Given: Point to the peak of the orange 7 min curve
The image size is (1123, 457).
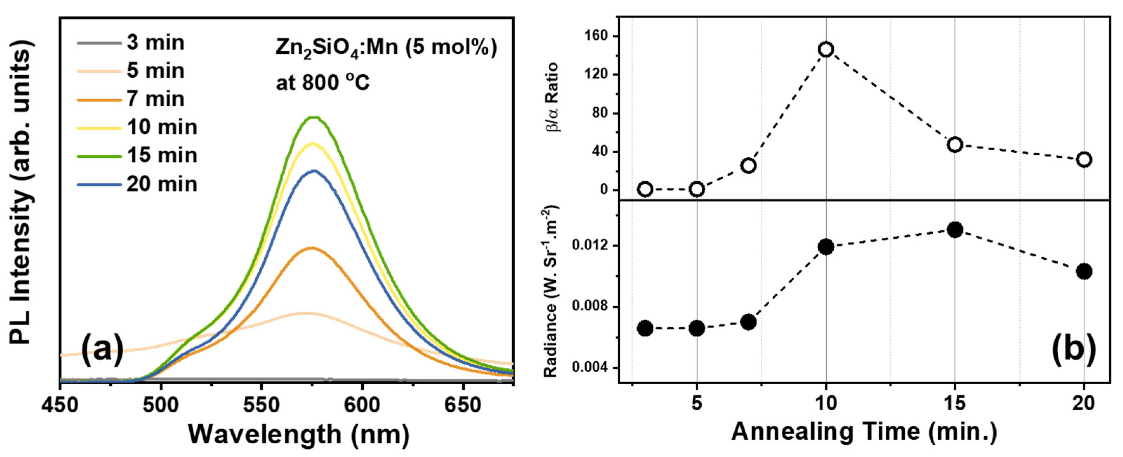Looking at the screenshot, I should tap(311, 248).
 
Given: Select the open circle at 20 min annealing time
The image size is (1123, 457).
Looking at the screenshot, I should tap(1084, 159).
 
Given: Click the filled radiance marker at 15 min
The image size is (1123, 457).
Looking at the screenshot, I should tap(955, 229).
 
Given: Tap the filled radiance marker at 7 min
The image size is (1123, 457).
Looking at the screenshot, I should tap(748, 322).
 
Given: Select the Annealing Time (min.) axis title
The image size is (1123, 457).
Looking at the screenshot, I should tap(864, 432).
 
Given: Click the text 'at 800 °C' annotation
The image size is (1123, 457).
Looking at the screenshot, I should tap(323, 83).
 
